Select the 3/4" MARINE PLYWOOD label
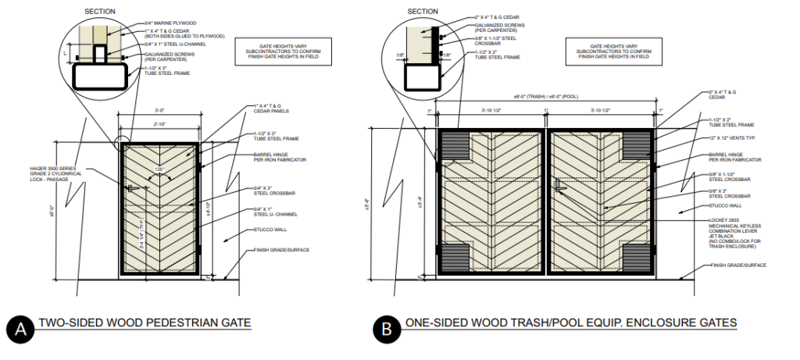pyautogui.click(x=170, y=23)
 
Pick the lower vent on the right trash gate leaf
pyautogui.click(x=637, y=255)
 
